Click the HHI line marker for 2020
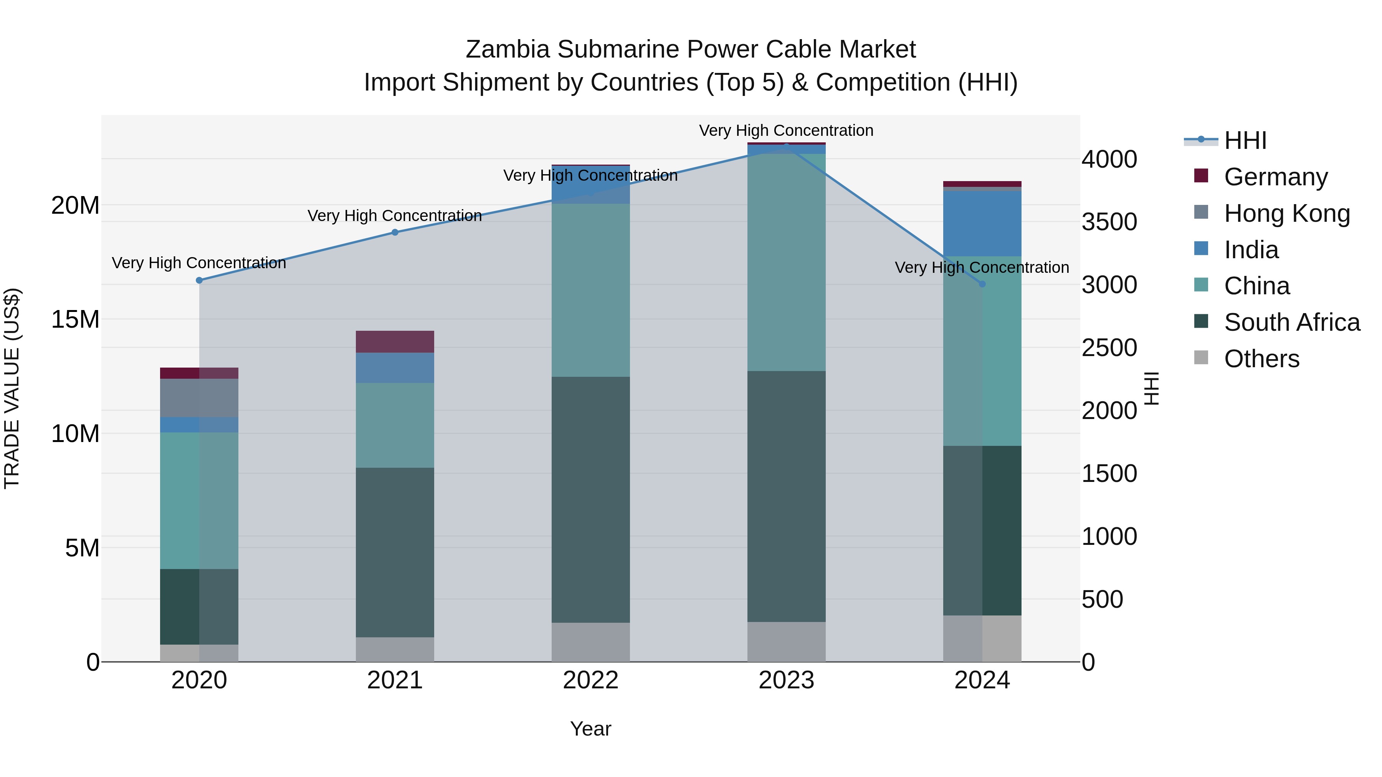coord(199,280)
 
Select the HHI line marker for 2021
coord(395,232)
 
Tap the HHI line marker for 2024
coord(982,284)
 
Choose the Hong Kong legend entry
coord(1286,213)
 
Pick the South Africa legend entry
coord(1291,322)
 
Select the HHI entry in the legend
coord(1245,140)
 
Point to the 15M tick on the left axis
coord(75,319)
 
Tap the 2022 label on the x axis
coord(591,680)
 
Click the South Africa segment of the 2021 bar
coord(395,552)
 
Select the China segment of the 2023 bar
coord(787,263)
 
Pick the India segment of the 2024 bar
coord(982,224)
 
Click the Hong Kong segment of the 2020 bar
coord(199,398)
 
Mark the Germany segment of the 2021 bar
coord(395,341)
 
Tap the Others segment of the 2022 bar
coord(591,642)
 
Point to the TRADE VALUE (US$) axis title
coord(12,388)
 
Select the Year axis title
coord(591,729)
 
